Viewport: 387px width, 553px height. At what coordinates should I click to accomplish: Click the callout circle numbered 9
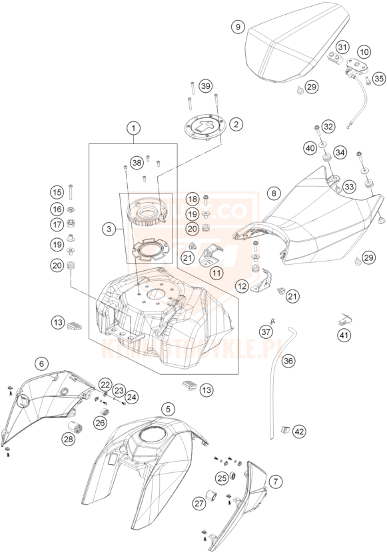[236, 27]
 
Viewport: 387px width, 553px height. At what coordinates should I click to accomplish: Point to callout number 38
[137, 162]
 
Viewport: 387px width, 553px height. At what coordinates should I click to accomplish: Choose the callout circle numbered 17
[57, 225]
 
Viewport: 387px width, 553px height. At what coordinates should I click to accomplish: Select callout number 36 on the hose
[288, 361]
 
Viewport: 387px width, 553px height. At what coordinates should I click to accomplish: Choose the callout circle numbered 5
[169, 408]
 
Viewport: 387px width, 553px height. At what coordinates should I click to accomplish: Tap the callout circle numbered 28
[68, 438]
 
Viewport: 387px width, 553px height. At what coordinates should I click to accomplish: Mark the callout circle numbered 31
[342, 47]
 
